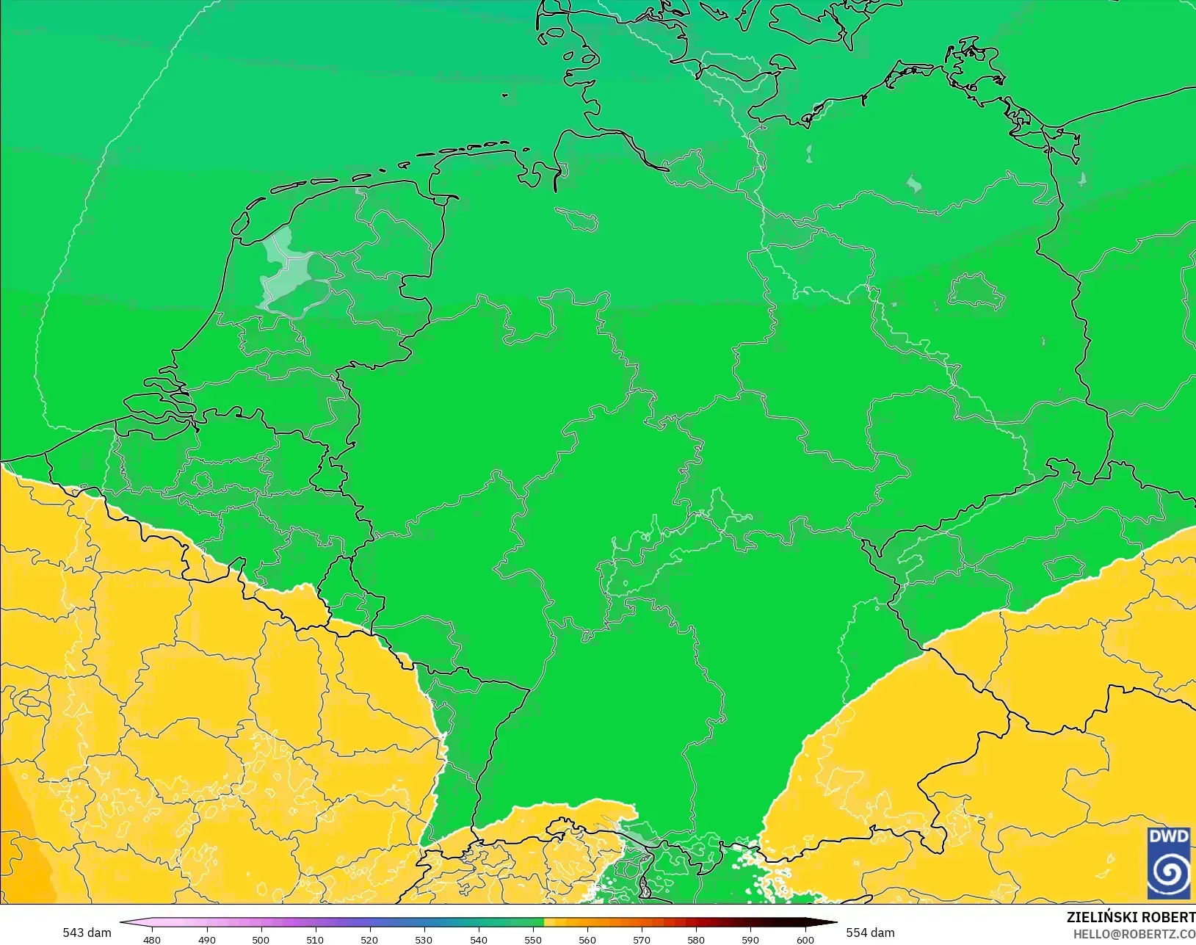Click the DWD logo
(1170, 863)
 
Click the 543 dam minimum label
(87, 933)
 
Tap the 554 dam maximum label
(870, 933)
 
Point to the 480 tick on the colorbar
(152, 939)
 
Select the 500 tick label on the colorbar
(261, 939)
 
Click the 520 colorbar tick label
(369, 939)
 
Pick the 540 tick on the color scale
(479, 939)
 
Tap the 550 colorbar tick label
(533, 939)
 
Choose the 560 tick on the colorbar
(587, 939)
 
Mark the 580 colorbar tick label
(696, 939)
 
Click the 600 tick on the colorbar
(805, 939)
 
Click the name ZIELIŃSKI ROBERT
(1131, 917)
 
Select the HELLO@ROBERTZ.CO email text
(1134, 933)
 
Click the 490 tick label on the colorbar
(206, 939)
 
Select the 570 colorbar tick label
(642, 939)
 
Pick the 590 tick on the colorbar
(750, 939)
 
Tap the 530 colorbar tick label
(424, 939)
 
